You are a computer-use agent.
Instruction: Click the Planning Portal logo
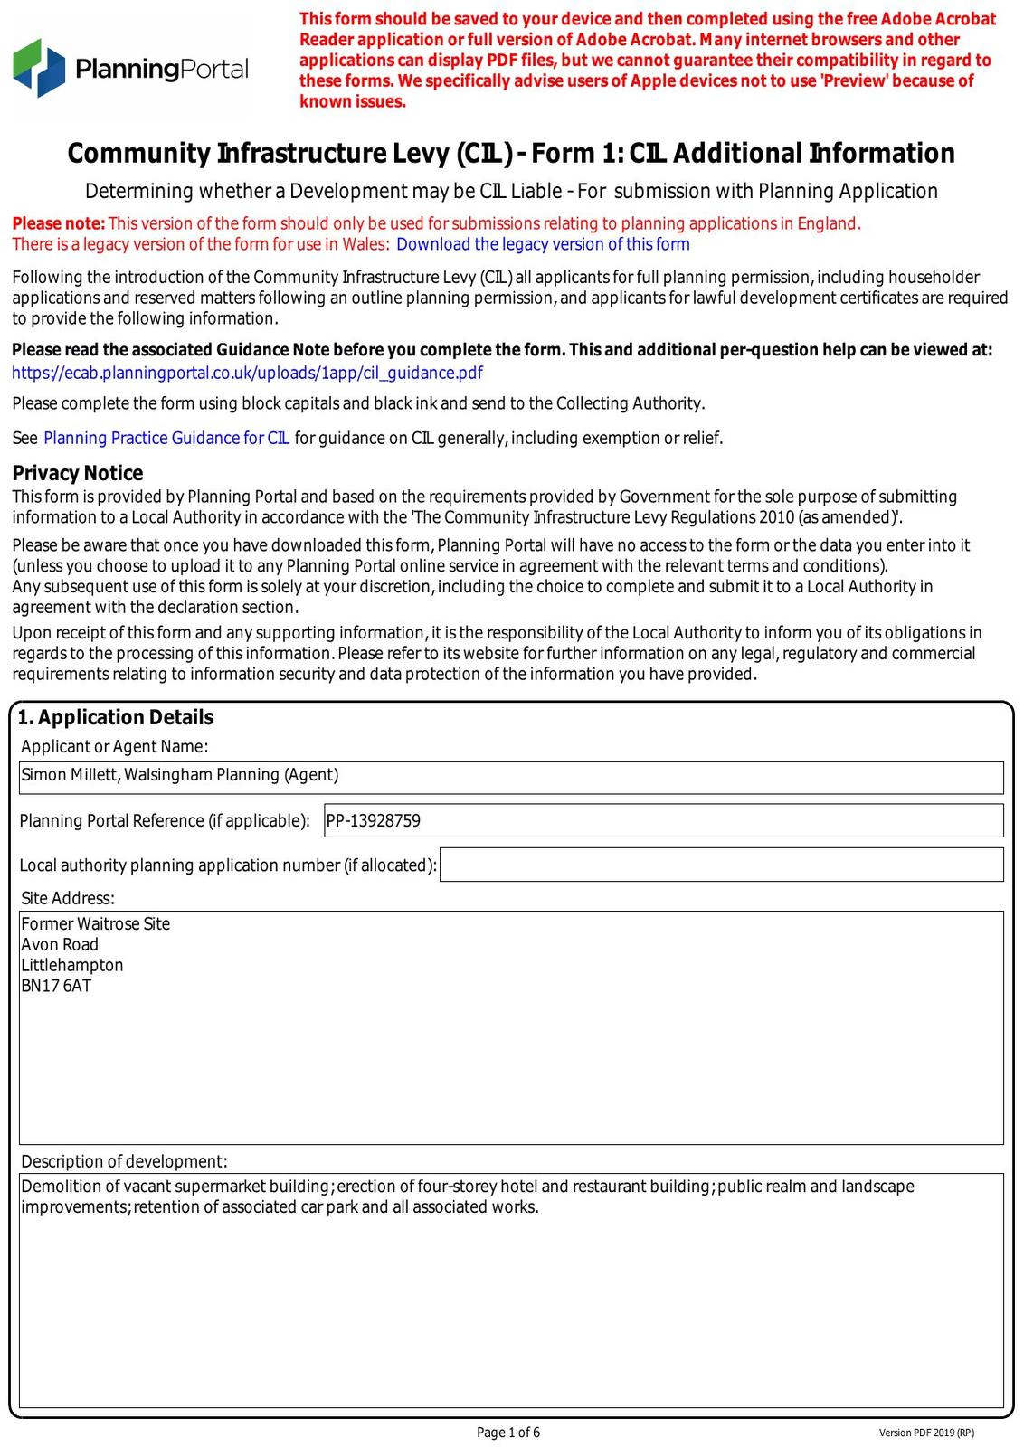130,68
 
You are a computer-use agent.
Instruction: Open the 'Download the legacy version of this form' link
543,244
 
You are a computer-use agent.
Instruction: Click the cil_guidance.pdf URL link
247,373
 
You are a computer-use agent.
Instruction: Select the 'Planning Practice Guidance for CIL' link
166,438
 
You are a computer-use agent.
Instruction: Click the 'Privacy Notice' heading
78,473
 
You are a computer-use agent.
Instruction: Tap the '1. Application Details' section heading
116,717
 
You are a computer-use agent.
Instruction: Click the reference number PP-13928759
374,821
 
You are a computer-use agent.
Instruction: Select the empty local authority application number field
721,865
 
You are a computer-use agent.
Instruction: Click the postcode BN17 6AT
56,986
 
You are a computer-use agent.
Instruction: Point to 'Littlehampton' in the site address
72,965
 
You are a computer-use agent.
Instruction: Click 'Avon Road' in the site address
60,944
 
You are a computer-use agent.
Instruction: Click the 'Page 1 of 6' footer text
508,1432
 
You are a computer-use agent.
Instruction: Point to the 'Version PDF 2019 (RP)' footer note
926,1433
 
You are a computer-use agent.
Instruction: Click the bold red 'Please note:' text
59,223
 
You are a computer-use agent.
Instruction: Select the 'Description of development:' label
125,1161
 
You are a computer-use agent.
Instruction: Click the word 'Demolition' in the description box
59,1187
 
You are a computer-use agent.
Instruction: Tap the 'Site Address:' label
68,898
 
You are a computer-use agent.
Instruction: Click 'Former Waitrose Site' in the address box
96,923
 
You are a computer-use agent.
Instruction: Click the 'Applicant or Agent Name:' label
115,746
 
